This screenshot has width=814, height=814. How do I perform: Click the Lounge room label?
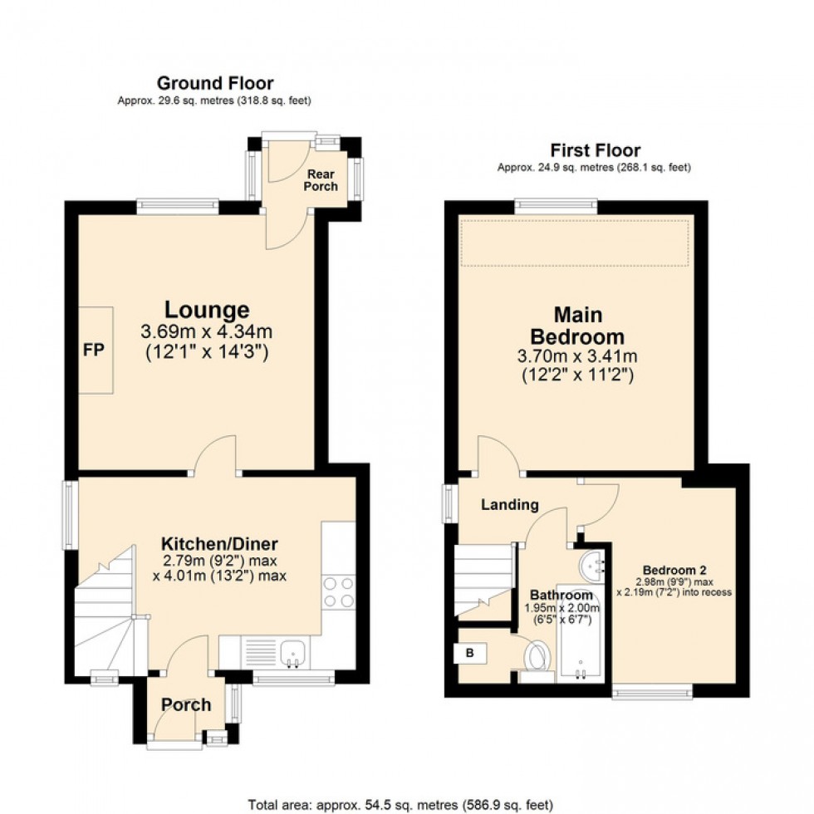[207, 310]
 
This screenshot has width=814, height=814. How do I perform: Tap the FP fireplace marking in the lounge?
[94, 351]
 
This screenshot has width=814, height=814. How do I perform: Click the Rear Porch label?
[322, 179]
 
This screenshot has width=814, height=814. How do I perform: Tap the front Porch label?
[186, 705]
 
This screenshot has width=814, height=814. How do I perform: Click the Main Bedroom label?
[578, 326]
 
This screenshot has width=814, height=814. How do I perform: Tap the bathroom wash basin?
[593, 565]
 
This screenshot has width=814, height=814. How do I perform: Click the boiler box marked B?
[471, 654]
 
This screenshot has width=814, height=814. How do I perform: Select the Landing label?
[510, 504]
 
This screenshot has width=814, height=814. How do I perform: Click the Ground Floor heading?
[215, 83]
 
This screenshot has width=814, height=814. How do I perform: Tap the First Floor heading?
[595, 150]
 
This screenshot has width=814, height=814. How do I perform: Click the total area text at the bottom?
[400, 804]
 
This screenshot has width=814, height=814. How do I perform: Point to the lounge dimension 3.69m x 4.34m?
[207, 331]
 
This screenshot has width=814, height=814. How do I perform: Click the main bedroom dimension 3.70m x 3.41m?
[578, 357]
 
